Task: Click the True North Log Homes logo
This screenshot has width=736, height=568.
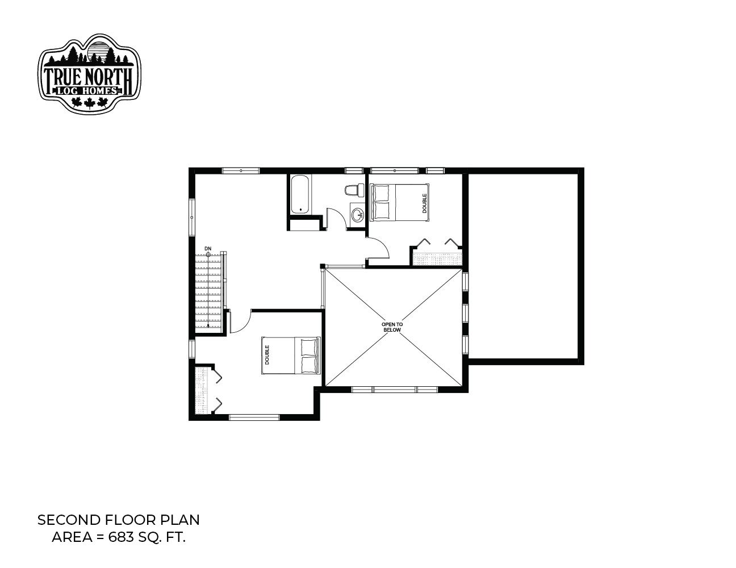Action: [89, 73]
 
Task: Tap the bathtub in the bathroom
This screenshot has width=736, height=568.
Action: [300, 194]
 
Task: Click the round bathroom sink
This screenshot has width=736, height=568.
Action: [357, 213]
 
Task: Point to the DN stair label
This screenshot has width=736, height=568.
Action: [208, 249]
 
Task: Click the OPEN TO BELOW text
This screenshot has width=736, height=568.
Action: [392, 327]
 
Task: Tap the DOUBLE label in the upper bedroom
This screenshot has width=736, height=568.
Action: [424, 203]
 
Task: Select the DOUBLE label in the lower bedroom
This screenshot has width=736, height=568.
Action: [267, 355]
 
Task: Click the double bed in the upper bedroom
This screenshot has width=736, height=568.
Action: [399, 203]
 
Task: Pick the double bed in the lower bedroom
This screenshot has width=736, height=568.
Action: [291, 356]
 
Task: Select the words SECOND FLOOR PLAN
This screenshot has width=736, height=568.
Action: [119, 520]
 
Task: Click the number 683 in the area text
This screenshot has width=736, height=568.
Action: [120, 537]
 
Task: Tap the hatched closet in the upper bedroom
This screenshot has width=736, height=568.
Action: [438, 259]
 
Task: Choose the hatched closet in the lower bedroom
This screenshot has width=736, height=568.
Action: [202, 390]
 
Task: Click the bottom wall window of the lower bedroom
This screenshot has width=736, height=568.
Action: [254, 417]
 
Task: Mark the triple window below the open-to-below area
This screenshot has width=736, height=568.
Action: [395, 390]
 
